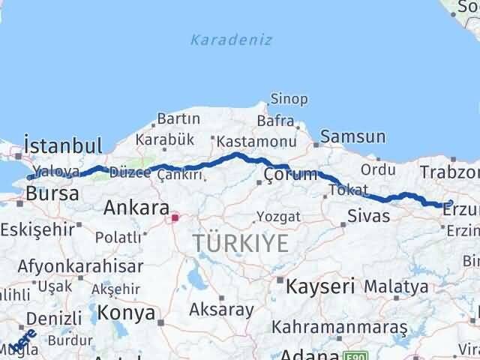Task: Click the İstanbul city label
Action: coord(62,145)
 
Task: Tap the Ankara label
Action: coord(136,206)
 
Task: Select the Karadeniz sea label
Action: coord(231,40)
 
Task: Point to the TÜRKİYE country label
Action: coord(240,243)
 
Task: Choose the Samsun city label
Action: coord(353,136)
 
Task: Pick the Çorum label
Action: coord(290,175)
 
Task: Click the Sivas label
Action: coord(368,216)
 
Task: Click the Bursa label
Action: coord(52,193)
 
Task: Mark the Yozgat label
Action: coord(278,217)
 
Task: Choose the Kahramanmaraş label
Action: coord(339,328)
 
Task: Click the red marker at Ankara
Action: coord(175,218)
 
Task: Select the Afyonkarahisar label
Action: coord(80,266)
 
